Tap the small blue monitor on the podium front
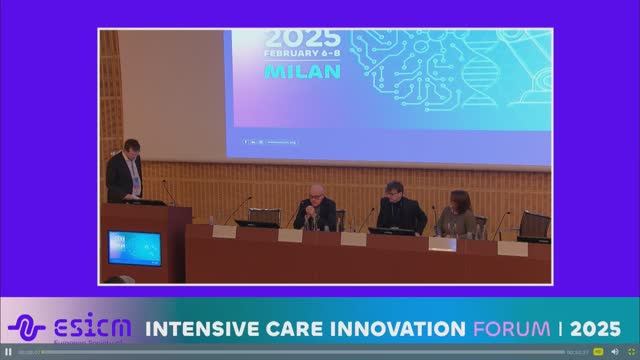[134, 247]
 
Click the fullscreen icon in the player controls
[631, 352]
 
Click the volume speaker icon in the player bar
[614, 352]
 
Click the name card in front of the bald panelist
[290, 236]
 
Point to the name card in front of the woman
[442, 243]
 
